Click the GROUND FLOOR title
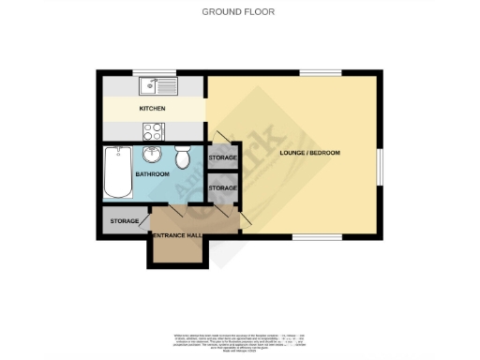(x=240, y=11)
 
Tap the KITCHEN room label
(x=152, y=109)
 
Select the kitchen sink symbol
(x=151, y=87)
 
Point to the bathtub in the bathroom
(x=118, y=172)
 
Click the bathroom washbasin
(x=153, y=154)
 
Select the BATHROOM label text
(x=152, y=174)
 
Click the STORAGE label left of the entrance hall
(x=124, y=221)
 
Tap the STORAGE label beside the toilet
(x=222, y=158)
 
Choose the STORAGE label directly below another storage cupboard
(x=222, y=188)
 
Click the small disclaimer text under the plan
(x=240, y=341)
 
